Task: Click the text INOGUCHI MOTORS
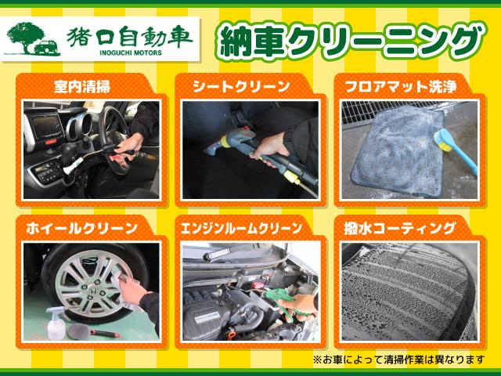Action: [128, 53]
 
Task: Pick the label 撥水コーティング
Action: [399, 229]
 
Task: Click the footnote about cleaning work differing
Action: [398, 360]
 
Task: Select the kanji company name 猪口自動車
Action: [128, 34]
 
